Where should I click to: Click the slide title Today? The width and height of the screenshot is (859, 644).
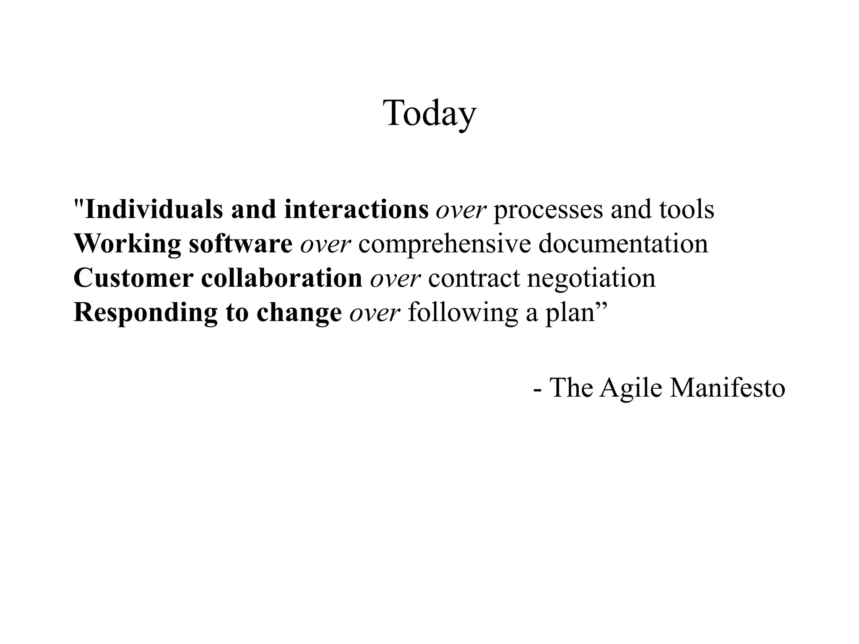[x=429, y=113]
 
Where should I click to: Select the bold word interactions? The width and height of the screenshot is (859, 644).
[x=356, y=209]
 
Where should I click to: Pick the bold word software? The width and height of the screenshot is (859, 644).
[x=240, y=244]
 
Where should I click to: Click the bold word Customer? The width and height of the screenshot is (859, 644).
[x=133, y=278]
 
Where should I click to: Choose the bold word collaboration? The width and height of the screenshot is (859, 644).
[x=281, y=278]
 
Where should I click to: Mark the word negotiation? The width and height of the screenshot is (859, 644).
[x=591, y=279]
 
